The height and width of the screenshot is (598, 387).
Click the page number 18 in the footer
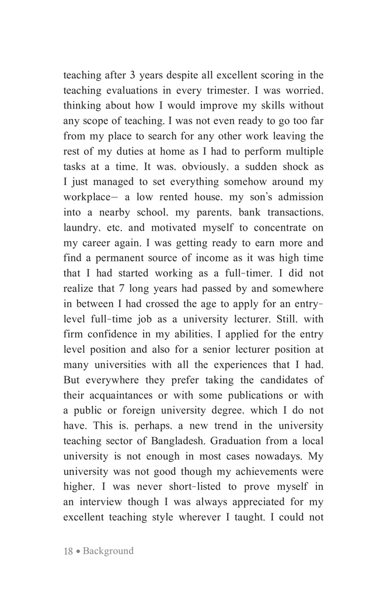[x=68, y=551]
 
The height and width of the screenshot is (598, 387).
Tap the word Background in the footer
[x=108, y=551]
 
